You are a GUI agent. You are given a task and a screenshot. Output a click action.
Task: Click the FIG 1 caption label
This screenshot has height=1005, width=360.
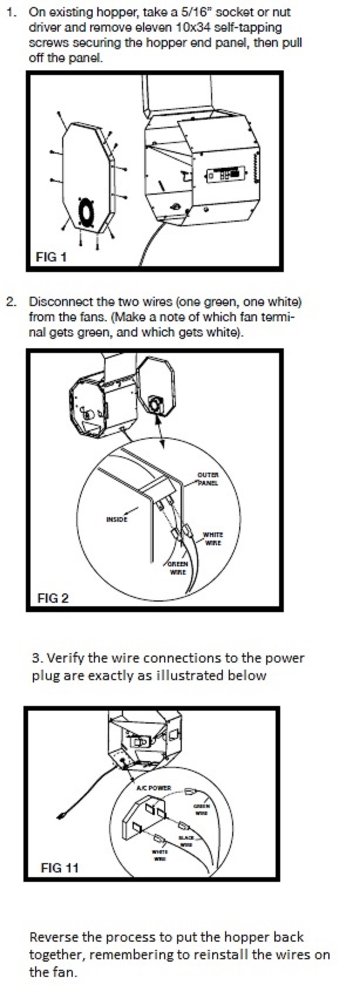coord(51,257)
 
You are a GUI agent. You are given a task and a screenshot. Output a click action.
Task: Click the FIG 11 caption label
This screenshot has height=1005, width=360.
coord(59,867)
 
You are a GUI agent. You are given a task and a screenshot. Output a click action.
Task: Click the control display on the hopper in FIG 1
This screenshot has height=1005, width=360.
coord(226,175)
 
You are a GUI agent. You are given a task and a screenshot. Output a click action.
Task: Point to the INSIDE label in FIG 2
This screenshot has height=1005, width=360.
coord(116,519)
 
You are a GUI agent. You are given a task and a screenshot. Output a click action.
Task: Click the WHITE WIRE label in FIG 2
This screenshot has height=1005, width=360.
coord(212,539)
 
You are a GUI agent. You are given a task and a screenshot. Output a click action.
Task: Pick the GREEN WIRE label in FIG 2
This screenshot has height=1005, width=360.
coord(178,568)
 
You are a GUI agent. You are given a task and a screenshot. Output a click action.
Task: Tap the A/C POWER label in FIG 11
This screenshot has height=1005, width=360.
coord(154,787)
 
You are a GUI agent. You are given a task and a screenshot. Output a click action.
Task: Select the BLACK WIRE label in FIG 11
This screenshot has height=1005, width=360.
coord(186,841)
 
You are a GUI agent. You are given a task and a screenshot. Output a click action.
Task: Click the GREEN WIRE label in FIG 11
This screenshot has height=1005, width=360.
coord(201,810)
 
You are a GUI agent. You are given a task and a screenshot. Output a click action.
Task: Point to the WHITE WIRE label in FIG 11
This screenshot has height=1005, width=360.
coord(159,855)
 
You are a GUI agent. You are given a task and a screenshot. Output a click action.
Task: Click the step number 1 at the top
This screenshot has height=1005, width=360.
coord(11,12)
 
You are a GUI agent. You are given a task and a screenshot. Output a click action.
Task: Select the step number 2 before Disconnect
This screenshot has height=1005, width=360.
coord(11,302)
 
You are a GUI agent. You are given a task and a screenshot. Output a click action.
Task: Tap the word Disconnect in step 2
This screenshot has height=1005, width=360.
coord(57,302)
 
